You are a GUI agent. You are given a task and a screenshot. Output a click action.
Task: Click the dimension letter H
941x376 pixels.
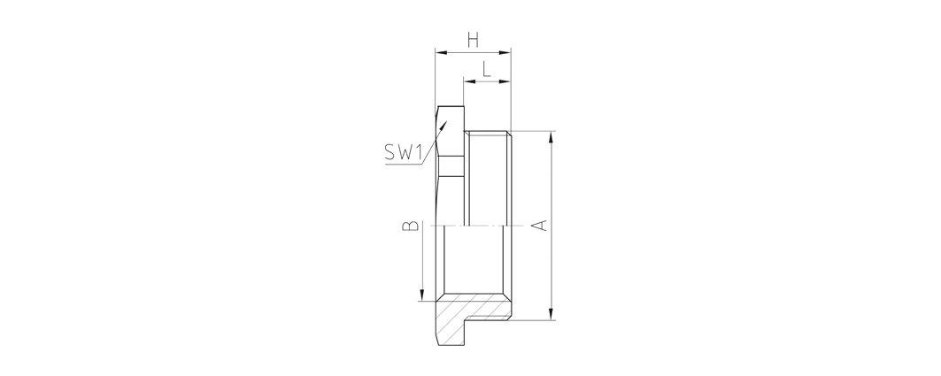pos(474,40)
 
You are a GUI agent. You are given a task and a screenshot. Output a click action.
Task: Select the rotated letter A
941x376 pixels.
pos(540,226)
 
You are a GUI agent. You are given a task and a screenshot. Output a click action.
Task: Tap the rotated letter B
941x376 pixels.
pos(411,226)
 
